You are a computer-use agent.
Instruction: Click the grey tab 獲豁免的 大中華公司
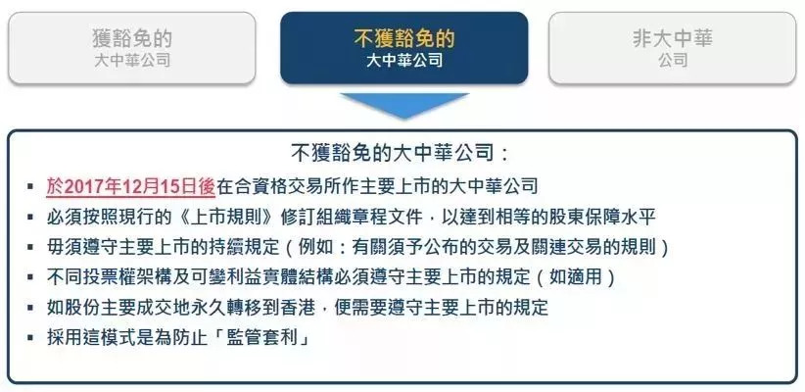[x=132, y=48]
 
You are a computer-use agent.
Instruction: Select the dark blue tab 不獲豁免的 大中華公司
[x=404, y=48]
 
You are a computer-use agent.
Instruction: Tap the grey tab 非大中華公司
[x=673, y=48]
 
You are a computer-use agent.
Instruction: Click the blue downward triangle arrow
[x=404, y=105]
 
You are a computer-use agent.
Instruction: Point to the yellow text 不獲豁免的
[x=404, y=38]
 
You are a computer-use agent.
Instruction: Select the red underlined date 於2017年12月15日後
[x=130, y=186]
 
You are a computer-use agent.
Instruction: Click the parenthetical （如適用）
[x=575, y=277]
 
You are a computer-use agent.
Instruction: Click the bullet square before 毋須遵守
[x=30, y=247]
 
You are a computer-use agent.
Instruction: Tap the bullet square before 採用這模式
[x=30, y=338]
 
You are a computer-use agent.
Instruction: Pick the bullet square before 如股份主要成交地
[x=30, y=308]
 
